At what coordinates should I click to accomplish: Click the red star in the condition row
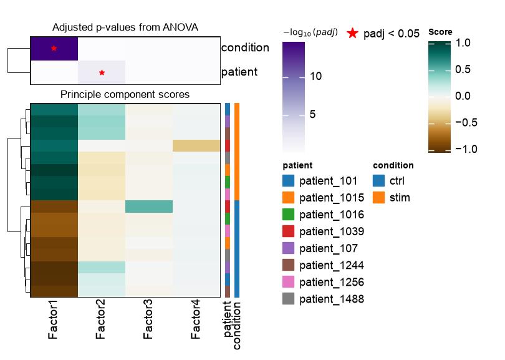tap(54, 48)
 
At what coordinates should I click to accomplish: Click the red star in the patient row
tap(102, 72)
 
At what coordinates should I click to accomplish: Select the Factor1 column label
tap(53, 319)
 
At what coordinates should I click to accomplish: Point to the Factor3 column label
tap(148, 319)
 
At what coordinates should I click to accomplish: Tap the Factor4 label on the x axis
tap(196, 319)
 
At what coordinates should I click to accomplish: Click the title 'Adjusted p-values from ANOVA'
tap(125, 27)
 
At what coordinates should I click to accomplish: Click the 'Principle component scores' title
tap(125, 94)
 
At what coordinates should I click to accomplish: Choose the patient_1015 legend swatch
tap(288, 198)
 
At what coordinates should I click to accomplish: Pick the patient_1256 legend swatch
tap(288, 282)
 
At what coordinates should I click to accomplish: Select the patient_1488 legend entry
tap(323, 299)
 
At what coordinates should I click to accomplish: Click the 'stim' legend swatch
tap(379, 198)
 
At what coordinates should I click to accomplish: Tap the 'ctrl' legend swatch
tap(379, 181)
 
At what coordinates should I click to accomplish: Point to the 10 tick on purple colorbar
tap(315, 76)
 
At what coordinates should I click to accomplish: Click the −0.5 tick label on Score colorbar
tap(466, 122)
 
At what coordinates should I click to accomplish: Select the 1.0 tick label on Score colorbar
tap(463, 43)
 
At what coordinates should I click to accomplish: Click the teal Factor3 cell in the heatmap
tap(149, 207)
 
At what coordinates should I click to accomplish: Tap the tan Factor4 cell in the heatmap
tap(196, 145)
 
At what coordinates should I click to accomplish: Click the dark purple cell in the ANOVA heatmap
tap(54, 48)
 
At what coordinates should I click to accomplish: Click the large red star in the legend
tap(353, 33)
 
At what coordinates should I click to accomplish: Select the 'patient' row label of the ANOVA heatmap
tap(239, 72)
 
